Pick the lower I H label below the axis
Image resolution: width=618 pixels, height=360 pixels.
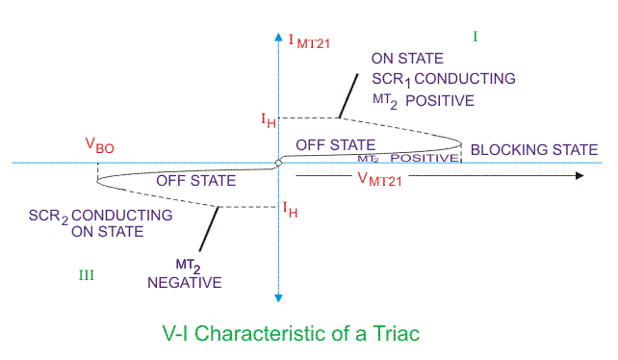[289, 208]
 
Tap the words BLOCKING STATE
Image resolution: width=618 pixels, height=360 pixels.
[533, 149]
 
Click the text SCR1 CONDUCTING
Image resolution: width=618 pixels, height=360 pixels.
[444, 79]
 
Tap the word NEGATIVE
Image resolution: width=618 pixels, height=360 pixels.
[185, 282]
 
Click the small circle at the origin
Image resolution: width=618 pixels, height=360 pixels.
[277, 164]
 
